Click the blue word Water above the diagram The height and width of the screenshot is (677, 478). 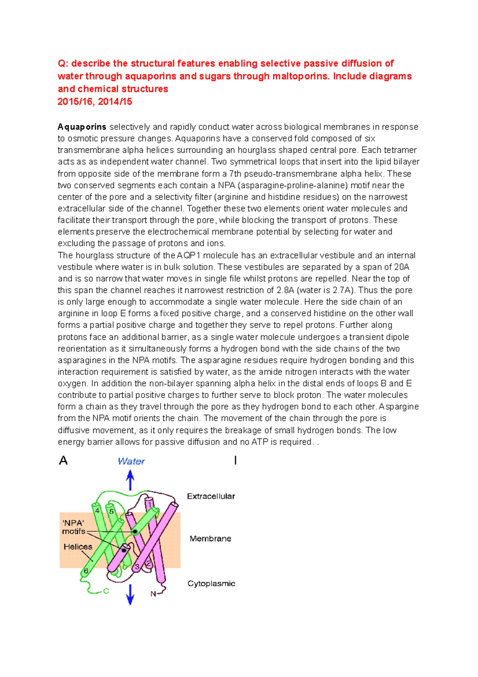tap(131, 461)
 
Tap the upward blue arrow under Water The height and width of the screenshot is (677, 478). tap(130, 480)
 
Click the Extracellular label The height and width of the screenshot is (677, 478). tap(211, 496)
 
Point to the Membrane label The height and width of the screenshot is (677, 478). tap(210, 539)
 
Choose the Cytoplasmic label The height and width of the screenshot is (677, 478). tap(211, 584)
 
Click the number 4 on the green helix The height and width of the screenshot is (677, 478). tap(97, 510)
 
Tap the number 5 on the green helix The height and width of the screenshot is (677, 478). tap(112, 511)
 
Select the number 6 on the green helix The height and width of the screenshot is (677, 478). tap(86, 571)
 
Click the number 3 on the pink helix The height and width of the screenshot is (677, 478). tap(137, 567)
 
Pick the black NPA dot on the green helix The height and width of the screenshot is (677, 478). tap(135, 531)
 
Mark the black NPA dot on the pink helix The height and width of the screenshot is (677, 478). tap(124, 550)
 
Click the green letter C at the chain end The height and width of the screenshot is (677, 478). tap(106, 591)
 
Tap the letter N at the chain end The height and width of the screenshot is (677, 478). tap(153, 594)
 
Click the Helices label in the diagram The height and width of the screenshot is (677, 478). tap(78, 547)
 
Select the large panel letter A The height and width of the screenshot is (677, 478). tap(63, 461)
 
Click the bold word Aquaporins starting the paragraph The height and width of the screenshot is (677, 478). tap(82, 127)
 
